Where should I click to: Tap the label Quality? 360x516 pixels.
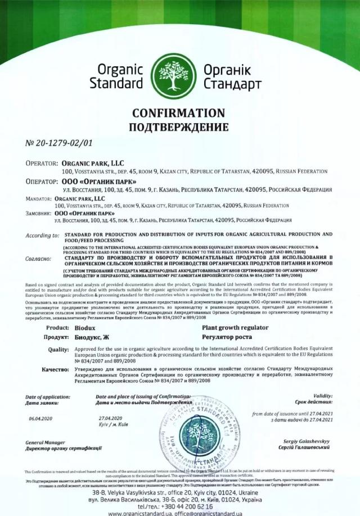58,349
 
